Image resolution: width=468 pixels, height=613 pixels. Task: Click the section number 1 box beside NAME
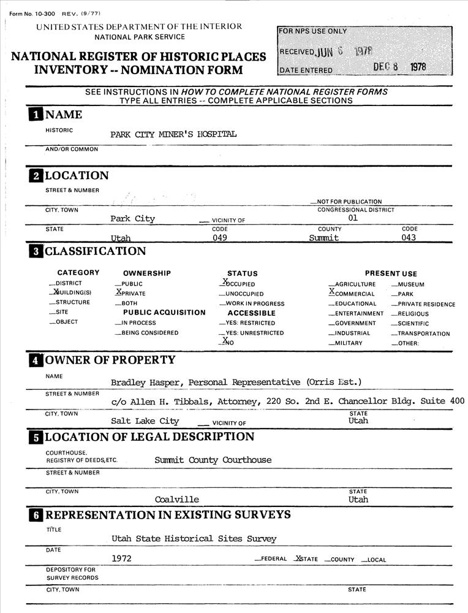click(36, 115)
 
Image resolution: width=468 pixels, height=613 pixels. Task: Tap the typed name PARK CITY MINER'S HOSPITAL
click(173, 134)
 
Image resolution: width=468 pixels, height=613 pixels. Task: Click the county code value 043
click(409, 238)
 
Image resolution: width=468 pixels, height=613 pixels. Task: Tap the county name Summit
click(324, 238)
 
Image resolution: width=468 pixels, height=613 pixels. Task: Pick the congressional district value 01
click(353, 218)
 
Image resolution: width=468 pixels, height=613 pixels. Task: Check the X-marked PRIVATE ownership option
click(130, 293)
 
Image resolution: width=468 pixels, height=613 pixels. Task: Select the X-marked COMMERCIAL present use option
click(352, 294)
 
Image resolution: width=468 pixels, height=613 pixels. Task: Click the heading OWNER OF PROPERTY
click(110, 360)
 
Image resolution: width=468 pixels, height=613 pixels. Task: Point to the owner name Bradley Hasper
click(146, 383)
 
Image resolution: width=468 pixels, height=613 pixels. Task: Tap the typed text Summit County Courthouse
click(213, 460)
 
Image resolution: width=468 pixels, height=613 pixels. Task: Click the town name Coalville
click(177, 499)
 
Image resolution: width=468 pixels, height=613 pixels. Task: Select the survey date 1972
click(121, 558)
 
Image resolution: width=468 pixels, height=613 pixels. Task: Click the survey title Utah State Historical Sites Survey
click(194, 539)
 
